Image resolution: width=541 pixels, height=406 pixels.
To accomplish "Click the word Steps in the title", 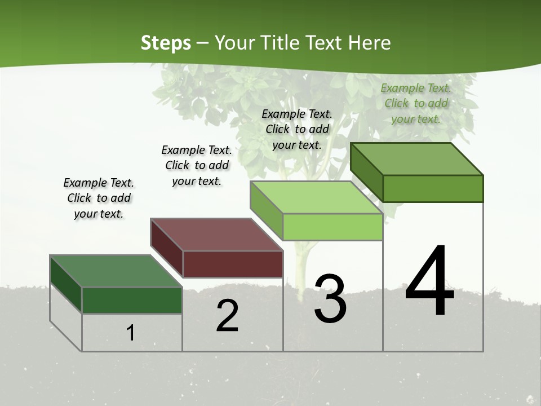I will [x=166, y=43].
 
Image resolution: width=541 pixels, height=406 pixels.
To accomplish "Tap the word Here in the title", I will [x=370, y=43].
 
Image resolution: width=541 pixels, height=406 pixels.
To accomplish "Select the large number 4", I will [x=430, y=283].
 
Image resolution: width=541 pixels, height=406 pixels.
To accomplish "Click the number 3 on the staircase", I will [x=330, y=299].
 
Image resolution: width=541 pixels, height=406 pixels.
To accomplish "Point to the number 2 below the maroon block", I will [x=228, y=316].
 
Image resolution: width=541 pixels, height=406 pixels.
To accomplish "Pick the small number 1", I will [x=131, y=333].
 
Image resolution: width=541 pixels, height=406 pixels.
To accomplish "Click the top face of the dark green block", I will [x=116, y=271].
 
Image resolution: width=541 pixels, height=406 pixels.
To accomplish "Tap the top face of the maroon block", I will [x=216, y=235].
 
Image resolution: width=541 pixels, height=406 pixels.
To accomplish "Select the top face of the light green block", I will [x=316, y=197].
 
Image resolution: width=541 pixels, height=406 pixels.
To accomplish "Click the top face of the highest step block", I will [x=417, y=159].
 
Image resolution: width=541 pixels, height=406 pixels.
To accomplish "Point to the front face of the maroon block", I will [x=233, y=264].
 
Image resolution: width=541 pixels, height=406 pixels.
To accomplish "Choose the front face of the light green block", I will [x=332, y=227].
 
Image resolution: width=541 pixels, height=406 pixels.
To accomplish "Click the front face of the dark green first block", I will [x=132, y=300].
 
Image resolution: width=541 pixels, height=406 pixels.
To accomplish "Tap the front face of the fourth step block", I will [x=433, y=188].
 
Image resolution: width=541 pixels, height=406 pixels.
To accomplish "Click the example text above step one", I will [x=99, y=198].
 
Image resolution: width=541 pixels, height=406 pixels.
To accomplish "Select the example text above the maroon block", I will [x=197, y=165].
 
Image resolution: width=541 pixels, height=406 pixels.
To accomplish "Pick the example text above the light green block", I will [x=297, y=129].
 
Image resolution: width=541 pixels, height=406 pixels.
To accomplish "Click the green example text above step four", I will [x=416, y=103].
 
